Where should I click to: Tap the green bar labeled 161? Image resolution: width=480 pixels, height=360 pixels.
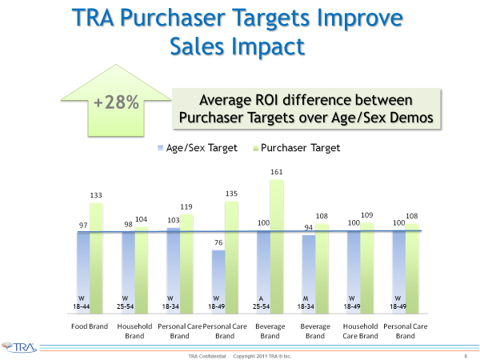coord(277,248)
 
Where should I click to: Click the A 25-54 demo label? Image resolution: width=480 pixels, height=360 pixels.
coord(262,302)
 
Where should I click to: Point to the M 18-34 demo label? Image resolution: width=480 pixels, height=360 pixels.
coord(306,302)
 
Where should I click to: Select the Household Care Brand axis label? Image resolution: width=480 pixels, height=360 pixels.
coord(358,332)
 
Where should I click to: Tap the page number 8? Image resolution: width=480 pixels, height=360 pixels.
coord(465,354)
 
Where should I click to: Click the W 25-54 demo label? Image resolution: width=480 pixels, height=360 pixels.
coord(127,302)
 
